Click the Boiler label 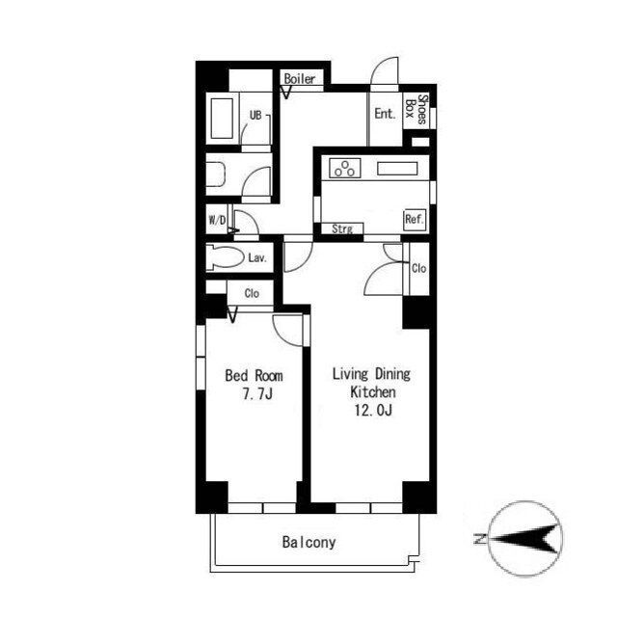[300, 79]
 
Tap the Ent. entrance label [385, 114]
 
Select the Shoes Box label [416, 109]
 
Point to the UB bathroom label [255, 116]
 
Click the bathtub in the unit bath [222, 118]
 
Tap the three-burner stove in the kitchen [345, 168]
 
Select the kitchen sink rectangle [397, 169]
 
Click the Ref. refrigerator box [415, 219]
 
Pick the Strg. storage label [341, 229]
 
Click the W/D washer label [217, 220]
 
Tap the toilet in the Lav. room [224, 257]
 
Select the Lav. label [257, 258]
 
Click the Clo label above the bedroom [252, 293]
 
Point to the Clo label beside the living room [418, 268]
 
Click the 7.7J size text [257, 393]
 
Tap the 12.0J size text [373, 411]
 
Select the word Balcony [308, 542]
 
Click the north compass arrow [523, 538]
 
